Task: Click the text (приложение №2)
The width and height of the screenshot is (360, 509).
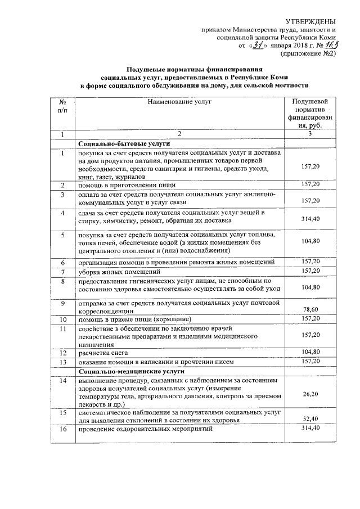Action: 308,54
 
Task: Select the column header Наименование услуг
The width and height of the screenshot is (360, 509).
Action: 179,102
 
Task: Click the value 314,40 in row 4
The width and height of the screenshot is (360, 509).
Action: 310,218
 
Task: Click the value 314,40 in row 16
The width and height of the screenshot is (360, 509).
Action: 310,429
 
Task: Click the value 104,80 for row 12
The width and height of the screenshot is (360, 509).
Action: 310,352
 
